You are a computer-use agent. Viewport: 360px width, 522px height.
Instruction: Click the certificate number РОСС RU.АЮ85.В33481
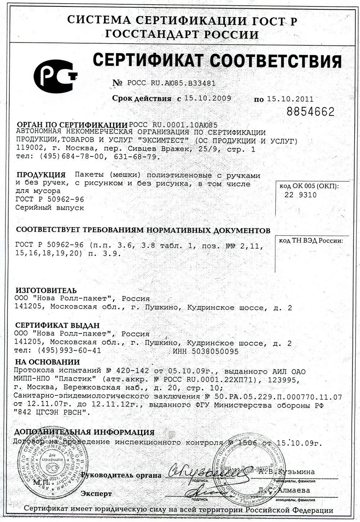click(x=169, y=83)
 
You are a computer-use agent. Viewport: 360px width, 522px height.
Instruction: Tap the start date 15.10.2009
click(x=207, y=98)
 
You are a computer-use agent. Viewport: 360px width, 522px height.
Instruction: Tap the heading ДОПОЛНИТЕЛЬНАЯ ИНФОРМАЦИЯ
click(x=84, y=432)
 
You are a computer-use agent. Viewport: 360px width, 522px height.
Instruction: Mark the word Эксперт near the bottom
click(x=96, y=493)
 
